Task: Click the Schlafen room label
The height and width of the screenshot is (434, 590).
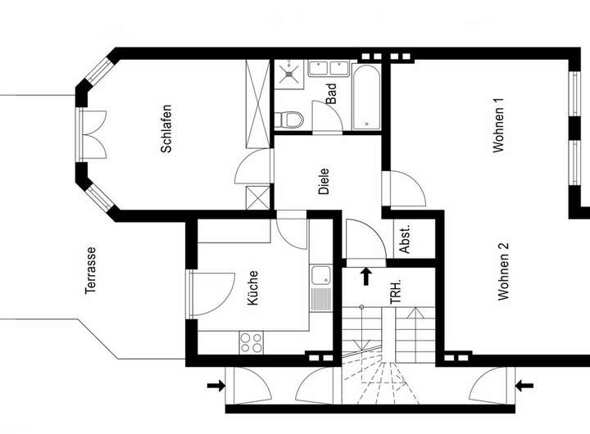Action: pyautogui.click(x=166, y=129)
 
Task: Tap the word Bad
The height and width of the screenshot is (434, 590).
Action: pyautogui.click(x=331, y=94)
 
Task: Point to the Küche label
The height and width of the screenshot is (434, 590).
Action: pyautogui.click(x=252, y=288)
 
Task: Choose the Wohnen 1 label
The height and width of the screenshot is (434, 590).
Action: pyautogui.click(x=498, y=125)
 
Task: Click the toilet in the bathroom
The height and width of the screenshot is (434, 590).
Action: pyautogui.click(x=290, y=119)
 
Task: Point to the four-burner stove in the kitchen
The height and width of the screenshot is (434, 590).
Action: pyautogui.click(x=250, y=341)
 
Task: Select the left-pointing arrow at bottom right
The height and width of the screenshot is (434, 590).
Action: pyautogui.click(x=524, y=384)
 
